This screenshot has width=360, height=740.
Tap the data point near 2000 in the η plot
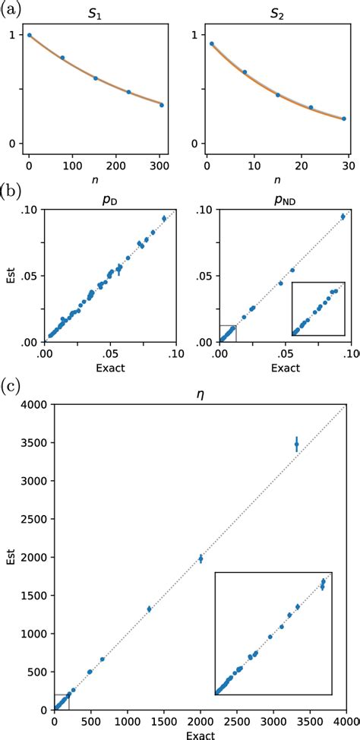(x=201, y=558)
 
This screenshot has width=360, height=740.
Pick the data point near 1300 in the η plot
(x=149, y=609)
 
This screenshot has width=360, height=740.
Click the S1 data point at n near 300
(x=161, y=105)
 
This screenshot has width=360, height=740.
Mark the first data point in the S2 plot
(x=212, y=44)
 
